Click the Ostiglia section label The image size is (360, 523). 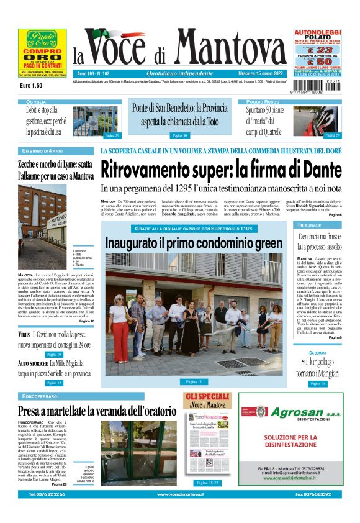pos(36,101)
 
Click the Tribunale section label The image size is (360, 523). pos(310,224)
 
